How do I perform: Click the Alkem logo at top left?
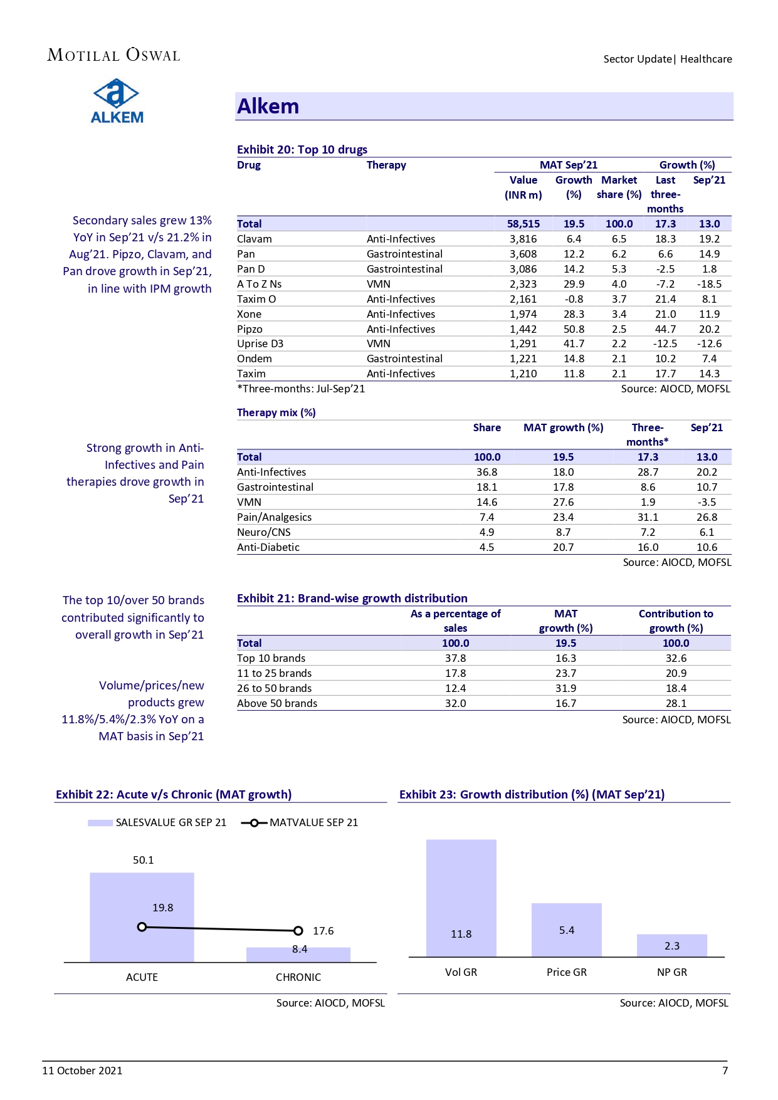(x=117, y=101)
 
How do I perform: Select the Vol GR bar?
(x=461, y=898)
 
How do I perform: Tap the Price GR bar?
(x=566, y=930)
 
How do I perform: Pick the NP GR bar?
(x=671, y=945)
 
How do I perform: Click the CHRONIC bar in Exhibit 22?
(x=298, y=954)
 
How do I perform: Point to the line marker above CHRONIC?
(x=298, y=931)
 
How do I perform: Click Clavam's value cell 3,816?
(x=523, y=239)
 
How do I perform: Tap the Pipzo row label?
(x=250, y=329)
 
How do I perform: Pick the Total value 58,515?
(x=523, y=224)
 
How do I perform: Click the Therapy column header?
(x=386, y=165)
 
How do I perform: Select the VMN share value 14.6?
(x=486, y=502)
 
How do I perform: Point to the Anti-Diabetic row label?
(x=268, y=547)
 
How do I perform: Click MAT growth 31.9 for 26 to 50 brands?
(x=565, y=688)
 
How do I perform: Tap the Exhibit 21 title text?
(x=352, y=598)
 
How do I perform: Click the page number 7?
(x=725, y=1071)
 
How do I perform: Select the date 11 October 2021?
(x=82, y=1071)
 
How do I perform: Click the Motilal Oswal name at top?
(x=113, y=55)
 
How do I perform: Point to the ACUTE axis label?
(x=142, y=977)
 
